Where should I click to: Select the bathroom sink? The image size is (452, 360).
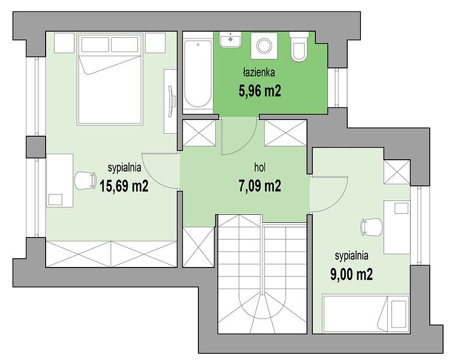pyautogui.click(x=230, y=40)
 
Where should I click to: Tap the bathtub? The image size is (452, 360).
pyautogui.click(x=198, y=74)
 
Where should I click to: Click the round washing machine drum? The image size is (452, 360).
pyautogui.click(x=264, y=46)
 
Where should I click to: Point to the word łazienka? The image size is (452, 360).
pyautogui.click(x=258, y=73)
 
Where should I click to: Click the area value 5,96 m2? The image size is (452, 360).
pyautogui.click(x=260, y=91)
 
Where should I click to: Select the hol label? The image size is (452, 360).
pyautogui.click(x=260, y=167)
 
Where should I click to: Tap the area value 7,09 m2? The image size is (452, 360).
pyautogui.click(x=260, y=186)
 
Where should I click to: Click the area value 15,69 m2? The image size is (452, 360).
pyautogui.click(x=124, y=186)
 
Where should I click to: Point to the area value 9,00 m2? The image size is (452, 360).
pyautogui.click(x=351, y=274)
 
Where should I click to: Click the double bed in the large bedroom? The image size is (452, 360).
pyautogui.click(x=110, y=79)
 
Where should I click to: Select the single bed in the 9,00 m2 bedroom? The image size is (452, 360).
pyautogui.click(x=366, y=314)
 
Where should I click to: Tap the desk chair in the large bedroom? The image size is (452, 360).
pyautogui.click(x=85, y=181)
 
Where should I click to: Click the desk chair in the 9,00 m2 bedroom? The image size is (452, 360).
pyautogui.click(x=371, y=227)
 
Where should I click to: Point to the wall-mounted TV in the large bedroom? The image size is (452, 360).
pyautogui.click(x=172, y=101)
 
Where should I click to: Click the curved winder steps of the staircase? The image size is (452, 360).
pyautogui.click(x=262, y=313)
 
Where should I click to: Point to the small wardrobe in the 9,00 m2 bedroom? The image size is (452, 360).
pyautogui.click(x=397, y=172)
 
